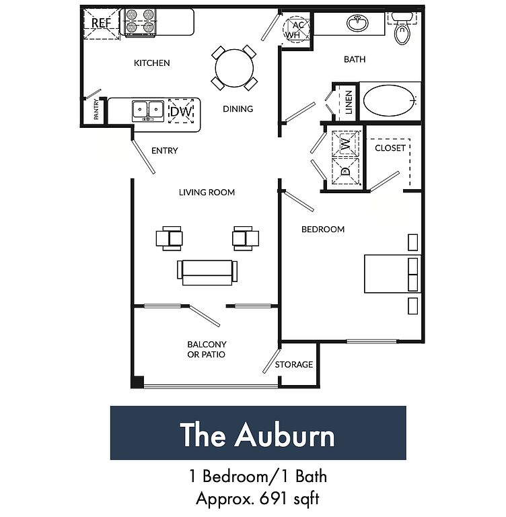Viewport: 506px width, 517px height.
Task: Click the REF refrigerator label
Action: (101, 23)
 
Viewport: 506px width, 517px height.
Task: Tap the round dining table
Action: (234, 68)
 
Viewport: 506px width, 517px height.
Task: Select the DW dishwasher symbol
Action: (181, 112)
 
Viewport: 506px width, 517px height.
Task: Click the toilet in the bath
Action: (402, 29)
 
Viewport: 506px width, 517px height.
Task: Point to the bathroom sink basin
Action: (357, 23)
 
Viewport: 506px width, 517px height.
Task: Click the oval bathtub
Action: (389, 100)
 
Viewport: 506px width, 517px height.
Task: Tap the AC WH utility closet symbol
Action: (296, 30)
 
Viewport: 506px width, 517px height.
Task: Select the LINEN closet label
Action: (349, 102)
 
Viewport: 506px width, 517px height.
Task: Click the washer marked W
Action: (345, 143)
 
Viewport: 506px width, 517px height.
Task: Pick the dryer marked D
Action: (345, 171)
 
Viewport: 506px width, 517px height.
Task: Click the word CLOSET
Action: (390, 148)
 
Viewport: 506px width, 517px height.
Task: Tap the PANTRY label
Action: (96, 109)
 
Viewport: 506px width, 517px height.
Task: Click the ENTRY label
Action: (164, 151)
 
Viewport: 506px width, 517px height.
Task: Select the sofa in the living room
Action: (207, 272)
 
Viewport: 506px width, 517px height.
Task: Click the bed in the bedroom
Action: (392, 274)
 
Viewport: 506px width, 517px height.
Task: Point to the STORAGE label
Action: (294, 364)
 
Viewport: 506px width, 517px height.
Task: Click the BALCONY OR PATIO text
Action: (207, 349)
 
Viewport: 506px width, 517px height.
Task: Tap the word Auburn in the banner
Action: (285, 436)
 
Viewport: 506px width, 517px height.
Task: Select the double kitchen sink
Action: (148, 110)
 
